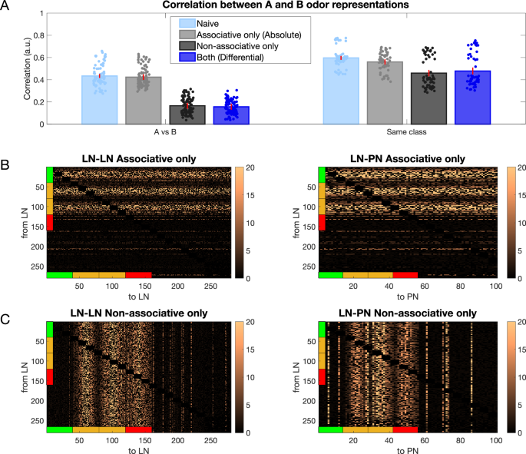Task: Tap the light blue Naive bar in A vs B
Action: tap(99, 100)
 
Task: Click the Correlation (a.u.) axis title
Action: tap(13, 68)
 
